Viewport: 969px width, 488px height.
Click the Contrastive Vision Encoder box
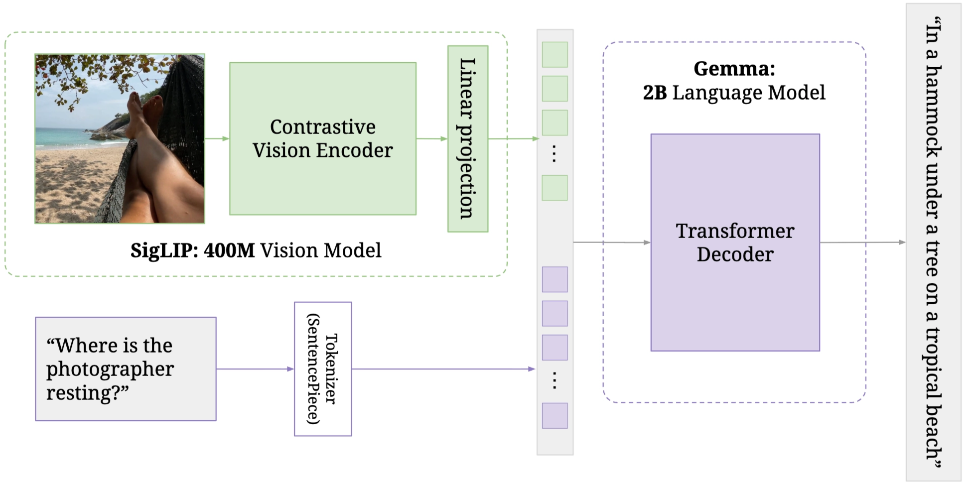[x=322, y=138]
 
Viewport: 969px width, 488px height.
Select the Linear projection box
[x=467, y=138]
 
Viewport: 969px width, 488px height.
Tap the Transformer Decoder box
[x=735, y=243]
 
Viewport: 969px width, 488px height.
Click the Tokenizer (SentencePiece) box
[x=322, y=369]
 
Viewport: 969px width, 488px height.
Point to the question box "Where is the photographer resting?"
[x=126, y=369]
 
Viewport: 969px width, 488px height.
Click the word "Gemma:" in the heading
[x=734, y=69]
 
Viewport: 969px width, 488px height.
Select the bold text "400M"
[x=229, y=250]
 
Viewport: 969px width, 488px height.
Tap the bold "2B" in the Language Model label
[x=655, y=93]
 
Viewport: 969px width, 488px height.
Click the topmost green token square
[x=554, y=54]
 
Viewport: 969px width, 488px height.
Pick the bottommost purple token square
[x=554, y=416]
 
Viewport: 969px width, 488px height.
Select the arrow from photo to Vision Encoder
[x=217, y=138]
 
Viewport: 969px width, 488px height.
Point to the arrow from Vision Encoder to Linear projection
[x=431, y=138]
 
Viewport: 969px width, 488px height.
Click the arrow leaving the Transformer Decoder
[x=862, y=243]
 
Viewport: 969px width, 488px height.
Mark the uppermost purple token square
[x=554, y=279]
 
